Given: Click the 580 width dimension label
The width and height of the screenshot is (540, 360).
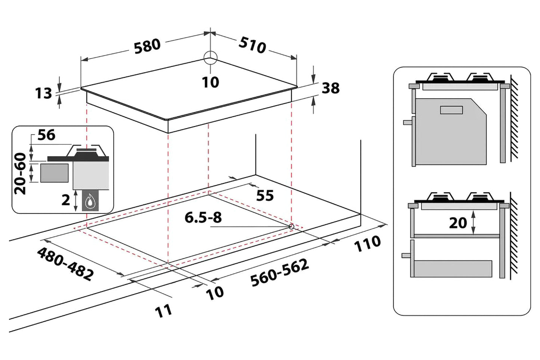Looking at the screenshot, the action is coord(147,46).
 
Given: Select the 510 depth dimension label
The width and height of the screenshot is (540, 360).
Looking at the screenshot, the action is coord(252,45).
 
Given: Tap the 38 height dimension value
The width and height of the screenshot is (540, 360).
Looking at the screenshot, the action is coord(330,88).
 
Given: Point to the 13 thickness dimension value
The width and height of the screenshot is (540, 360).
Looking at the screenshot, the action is coord(43,93).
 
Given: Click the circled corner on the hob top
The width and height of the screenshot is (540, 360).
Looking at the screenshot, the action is coord(210,58).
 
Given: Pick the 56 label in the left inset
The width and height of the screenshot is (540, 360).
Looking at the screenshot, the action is coord(46,135).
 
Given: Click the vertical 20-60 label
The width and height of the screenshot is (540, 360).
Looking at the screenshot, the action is coord(20,173).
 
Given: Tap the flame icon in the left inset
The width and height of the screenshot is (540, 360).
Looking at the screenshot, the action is coord(90,200).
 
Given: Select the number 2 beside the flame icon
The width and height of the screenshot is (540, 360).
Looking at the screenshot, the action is coord(65,200).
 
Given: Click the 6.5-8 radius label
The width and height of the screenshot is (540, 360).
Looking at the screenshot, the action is coord(203,218).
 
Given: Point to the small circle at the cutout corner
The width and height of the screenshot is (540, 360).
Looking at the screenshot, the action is coord(291,227).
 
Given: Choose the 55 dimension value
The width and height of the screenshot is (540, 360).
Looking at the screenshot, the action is coord(265,195).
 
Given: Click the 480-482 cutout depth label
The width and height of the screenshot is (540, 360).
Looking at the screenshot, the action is coord(65,264).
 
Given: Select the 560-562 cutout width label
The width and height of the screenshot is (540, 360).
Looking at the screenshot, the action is coord(280,273).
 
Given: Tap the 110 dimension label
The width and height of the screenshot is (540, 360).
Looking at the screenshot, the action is coord(367,243).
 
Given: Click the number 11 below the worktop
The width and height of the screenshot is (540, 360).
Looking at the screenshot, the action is coord(163,311).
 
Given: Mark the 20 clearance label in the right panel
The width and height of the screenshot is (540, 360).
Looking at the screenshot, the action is coord(458,223).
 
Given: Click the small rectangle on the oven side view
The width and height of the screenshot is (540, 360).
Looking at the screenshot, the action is coord(451,110).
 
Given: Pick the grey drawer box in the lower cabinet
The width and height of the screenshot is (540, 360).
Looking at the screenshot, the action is coord(453,269).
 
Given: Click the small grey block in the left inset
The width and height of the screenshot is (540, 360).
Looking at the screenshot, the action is coord(54,173).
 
